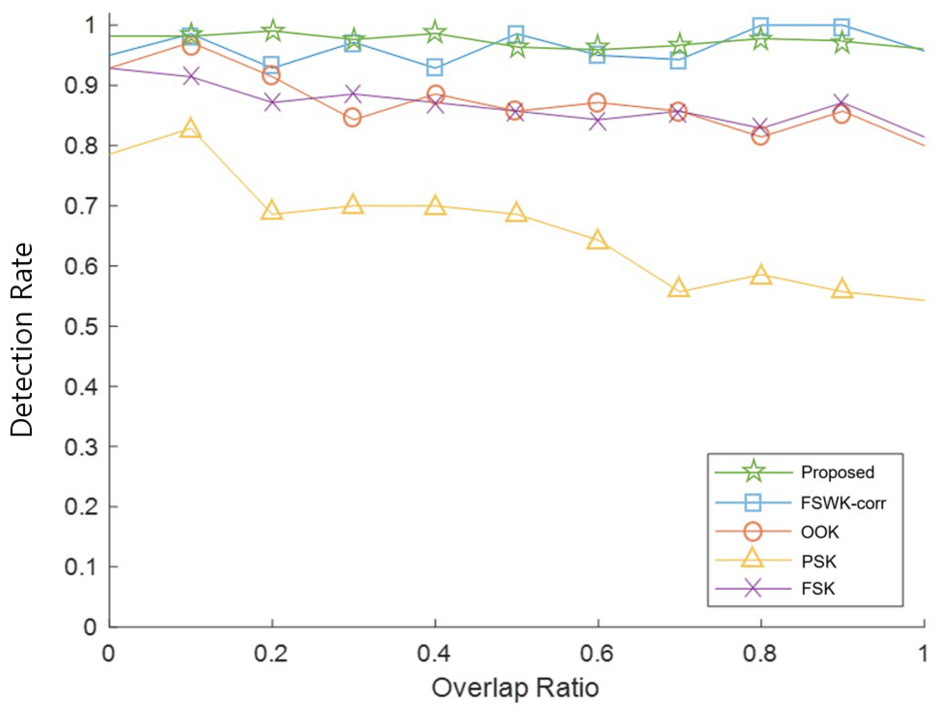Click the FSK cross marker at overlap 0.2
pos(272,103)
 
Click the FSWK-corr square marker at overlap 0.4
pos(434,67)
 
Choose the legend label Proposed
pos(837,473)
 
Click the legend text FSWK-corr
pos(843,504)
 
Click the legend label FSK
pos(818,588)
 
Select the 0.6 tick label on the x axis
pos(597,654)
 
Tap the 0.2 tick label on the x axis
pos(271,654)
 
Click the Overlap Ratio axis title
pos(515,688)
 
